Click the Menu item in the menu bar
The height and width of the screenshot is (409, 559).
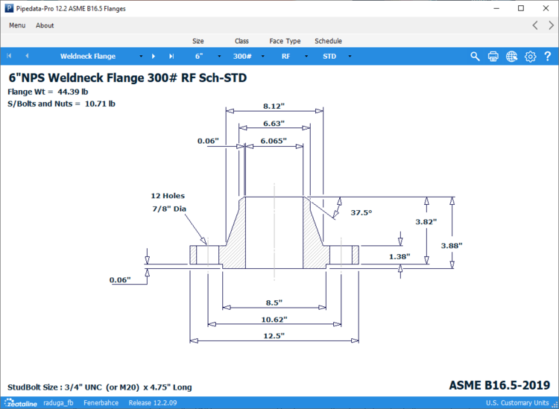click(x=17, y=25)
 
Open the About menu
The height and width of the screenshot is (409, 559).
click(x=45, y=25)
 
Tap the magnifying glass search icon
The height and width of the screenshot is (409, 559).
click(x=475, y=56)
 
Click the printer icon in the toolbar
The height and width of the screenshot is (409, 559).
click(x=493, y=56)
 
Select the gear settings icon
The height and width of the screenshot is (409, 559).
click(x=530, y=56)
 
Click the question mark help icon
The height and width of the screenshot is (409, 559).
click(x=548, y=56)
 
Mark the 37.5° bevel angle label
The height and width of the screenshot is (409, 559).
click(x=361, y=212)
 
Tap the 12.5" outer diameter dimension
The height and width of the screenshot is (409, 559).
click(x=274, y=336)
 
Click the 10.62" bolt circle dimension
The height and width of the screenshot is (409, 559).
click(x=274, y=319)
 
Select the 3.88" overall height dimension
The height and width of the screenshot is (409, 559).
click(x=472, y=245)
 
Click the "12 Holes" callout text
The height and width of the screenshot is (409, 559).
click(x=168, y=196)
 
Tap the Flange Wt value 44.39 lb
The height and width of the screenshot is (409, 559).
click(x=73, y=92)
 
